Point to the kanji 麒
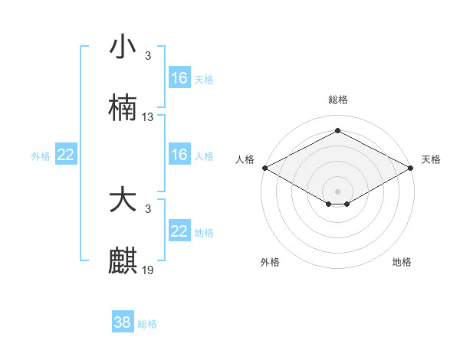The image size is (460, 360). pyautogui.click(x=123, y=261)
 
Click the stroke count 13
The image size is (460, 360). pyautogui.click(x=148, y=117)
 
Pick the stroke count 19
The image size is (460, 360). pyautogui.click(x=148, y=270)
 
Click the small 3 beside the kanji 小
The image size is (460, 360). pyautogui.click(x=147, y=56)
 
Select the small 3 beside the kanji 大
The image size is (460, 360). pyautogui.click(x=147, y=209)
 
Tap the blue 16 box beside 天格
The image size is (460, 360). pyautogui.click(x=179, y=78)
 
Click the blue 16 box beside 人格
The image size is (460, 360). pyautogui.click(x=179, y=155)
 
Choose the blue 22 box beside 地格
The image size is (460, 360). pyautogui.click(x=179, y=231)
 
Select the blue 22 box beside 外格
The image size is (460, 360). pyautogui.click(x=66, y=155)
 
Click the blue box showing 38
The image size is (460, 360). pyautogui.click(x=123, y=322)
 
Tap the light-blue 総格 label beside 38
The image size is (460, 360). pyautogui.click(x=147, y=324)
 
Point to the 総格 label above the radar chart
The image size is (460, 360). pyautogui.click(x=337, y=100)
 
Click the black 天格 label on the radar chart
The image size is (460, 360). pyautogui.click(x=431, y=159)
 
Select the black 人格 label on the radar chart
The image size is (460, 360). pyautogui.click(x=245, y=159)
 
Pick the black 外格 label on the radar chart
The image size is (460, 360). pyautogui.click(x=269, y=262)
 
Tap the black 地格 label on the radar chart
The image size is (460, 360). pyautogui.click(x=402, y=262)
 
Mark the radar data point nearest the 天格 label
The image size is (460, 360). pyautogui.click(x=412, y=168)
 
